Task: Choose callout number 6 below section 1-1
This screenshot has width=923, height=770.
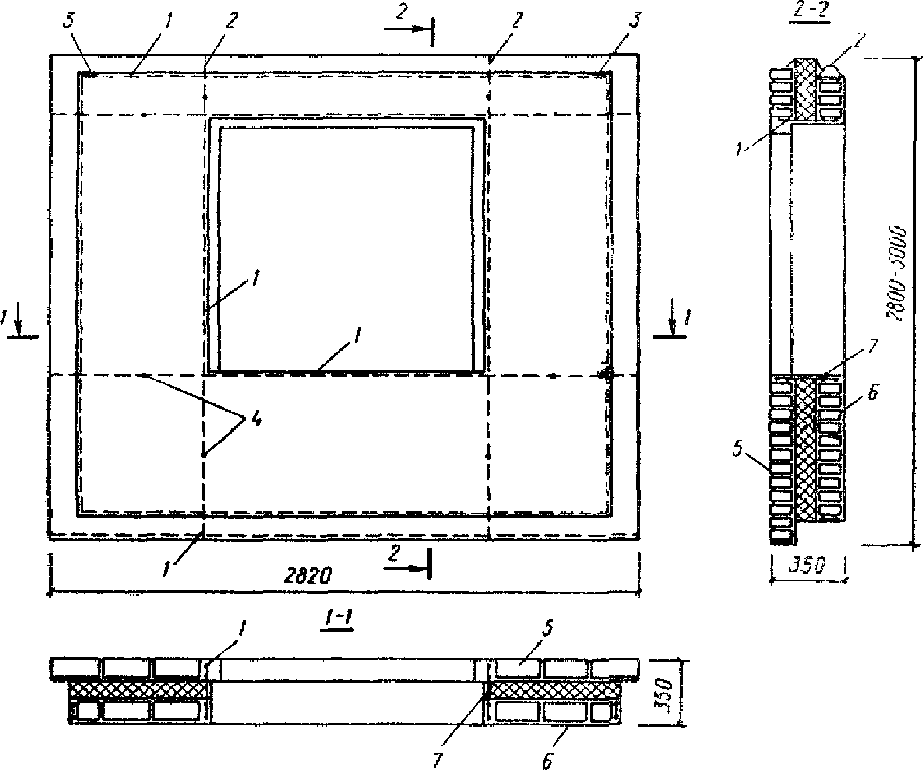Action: click(x=546, y=761)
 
